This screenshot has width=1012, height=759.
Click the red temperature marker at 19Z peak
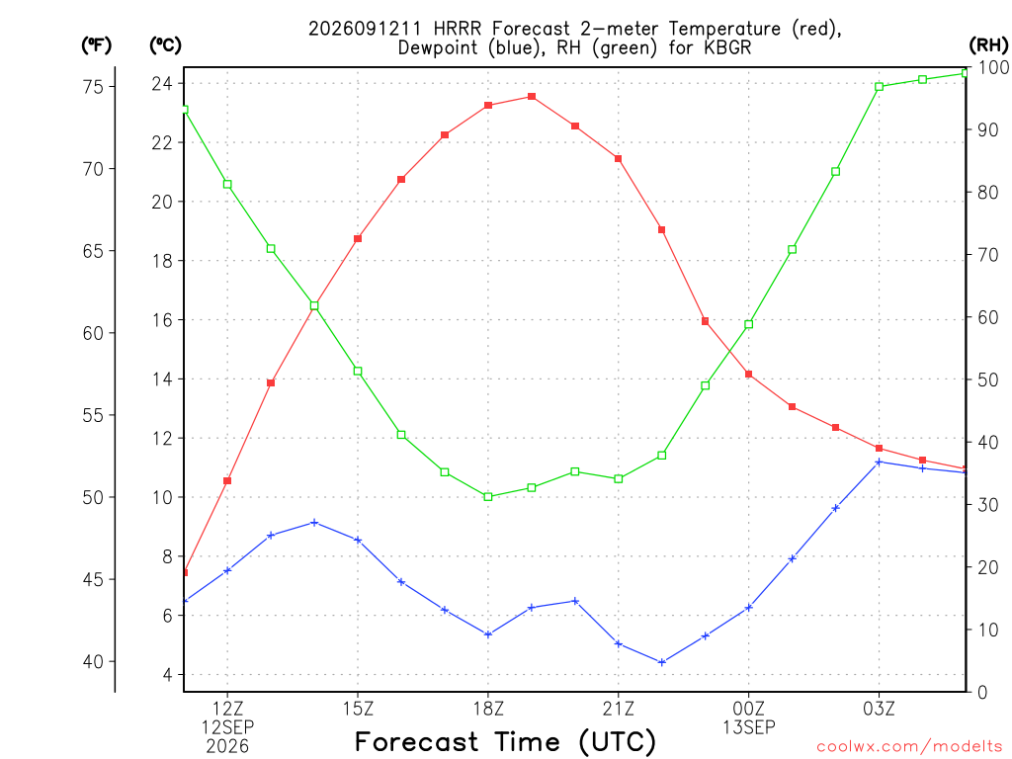(532, 97)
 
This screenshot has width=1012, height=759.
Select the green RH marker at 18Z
(488, 497)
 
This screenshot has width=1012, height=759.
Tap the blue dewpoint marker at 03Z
(879, 463)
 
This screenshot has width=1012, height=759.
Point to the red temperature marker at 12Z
(227, 481)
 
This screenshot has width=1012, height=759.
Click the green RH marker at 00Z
(749, 324)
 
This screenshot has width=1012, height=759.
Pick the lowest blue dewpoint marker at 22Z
(661, 662)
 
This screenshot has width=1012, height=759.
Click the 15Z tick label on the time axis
(358, 710)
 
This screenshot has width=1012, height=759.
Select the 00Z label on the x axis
(749, 710)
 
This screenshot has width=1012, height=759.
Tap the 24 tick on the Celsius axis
(162, 84)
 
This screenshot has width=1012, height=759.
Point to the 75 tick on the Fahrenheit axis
(94, 87)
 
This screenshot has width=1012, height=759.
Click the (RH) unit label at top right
(988, 45)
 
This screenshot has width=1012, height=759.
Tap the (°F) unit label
(96, 45)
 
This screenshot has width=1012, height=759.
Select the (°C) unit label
(165, 45)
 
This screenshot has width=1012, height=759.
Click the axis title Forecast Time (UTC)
(505, 742)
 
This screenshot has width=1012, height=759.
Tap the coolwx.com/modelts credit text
(909, 747)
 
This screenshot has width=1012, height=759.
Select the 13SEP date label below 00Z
(749, 728)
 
